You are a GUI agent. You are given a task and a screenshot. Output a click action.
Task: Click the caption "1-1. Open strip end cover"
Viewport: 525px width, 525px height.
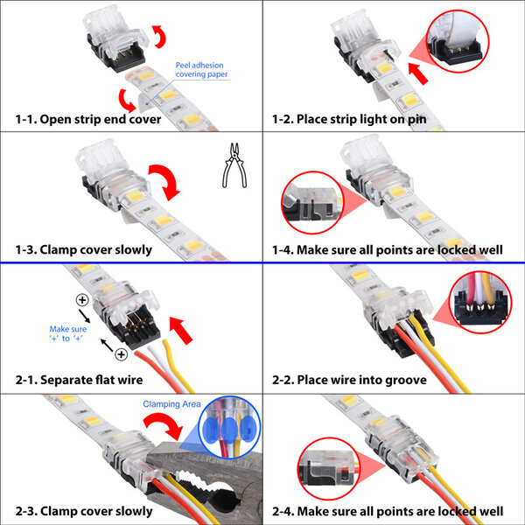(87, 118)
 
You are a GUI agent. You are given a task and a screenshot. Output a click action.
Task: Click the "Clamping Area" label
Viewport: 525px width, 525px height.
(171, 403)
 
